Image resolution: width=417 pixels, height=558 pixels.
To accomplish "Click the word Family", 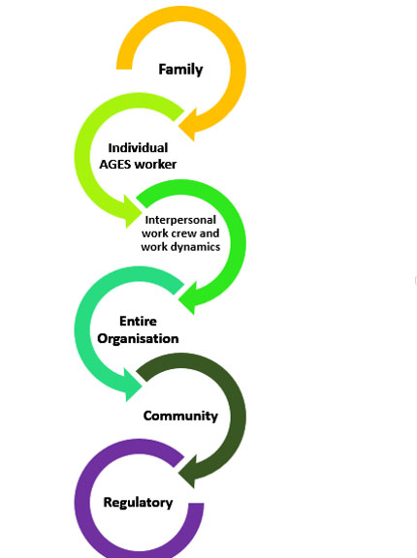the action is click(180, 70).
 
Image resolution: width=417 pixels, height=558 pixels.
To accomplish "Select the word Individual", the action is click(138, 147).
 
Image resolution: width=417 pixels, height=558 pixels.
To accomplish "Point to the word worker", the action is click(155, 165).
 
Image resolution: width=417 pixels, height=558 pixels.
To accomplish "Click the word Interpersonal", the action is click(180, 220).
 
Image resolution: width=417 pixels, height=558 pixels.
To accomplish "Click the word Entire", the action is click(138, 321).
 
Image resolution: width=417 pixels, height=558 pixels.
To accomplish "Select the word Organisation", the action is click(138, 338).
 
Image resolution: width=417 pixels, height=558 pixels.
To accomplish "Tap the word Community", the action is click(180, 416).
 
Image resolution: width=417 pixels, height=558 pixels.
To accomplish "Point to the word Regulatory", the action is click(138, 503).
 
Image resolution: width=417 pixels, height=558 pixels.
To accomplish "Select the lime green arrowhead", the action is click(133, 211).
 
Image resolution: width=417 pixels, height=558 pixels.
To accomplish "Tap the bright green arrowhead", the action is click(188, 297).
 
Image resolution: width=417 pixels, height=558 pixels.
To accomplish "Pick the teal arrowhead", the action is click(133, 385).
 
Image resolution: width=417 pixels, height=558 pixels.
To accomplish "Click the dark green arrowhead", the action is click(188, 471).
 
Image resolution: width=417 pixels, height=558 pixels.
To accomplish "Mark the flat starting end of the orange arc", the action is click(124, 69).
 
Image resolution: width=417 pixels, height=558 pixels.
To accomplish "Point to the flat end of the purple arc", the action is click(196, 504).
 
